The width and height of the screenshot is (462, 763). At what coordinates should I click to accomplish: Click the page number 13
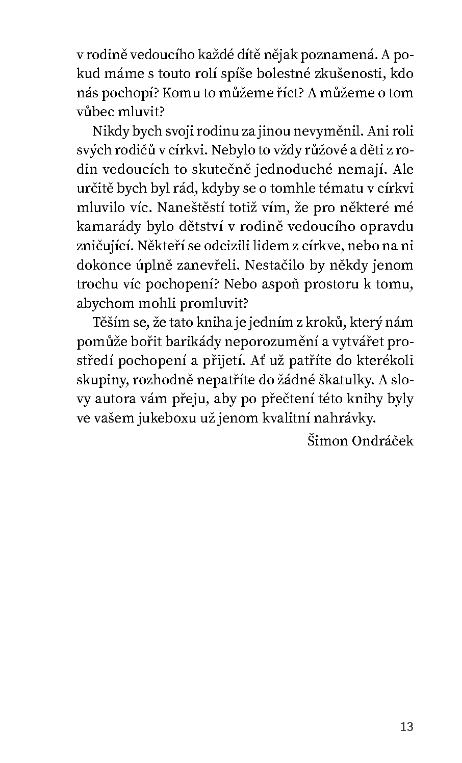407,726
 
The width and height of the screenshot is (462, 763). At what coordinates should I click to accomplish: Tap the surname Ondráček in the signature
383,440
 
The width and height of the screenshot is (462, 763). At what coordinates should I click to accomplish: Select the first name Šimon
327,440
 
